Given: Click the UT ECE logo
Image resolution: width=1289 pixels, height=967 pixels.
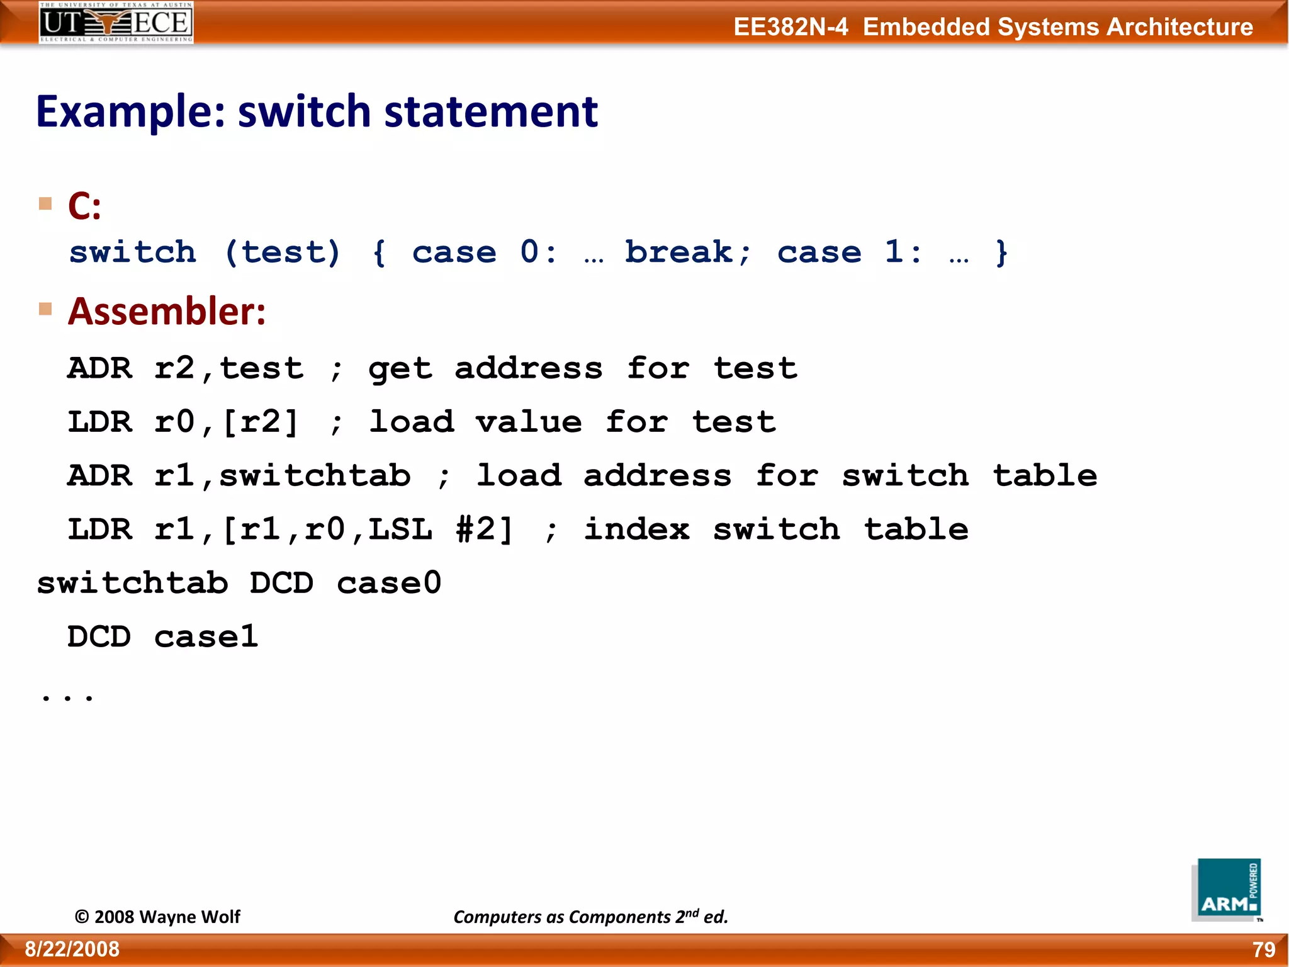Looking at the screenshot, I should tap(116, 23).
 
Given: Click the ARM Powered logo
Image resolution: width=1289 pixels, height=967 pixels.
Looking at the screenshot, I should tap(1227, 890).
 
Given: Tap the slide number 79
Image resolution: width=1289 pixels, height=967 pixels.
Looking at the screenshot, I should tap(1263, 949).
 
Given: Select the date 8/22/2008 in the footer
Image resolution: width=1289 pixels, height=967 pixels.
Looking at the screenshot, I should tap(72, 949).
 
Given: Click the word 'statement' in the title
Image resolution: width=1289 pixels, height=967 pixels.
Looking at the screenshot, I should tap(490, 111).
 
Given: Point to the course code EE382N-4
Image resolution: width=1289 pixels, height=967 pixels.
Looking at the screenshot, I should tap(791, 27).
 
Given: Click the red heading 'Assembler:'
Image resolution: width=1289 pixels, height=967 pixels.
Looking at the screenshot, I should tap(167, 311).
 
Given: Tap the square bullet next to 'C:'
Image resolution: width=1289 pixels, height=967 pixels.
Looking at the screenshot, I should tap(45, 203).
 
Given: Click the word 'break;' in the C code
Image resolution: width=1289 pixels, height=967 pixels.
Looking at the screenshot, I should tap(687, 252).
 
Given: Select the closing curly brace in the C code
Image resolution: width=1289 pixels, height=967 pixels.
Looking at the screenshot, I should tap(1001, 252).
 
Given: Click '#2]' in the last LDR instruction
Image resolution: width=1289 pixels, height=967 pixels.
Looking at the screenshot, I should tap(485, 529).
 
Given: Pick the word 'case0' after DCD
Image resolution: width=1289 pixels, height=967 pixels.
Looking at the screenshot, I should tap(389, 583).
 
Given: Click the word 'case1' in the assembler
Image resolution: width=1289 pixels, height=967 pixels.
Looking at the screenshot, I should tap(206, 636).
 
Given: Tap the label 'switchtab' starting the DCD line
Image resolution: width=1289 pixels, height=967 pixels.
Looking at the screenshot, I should tap(132, 583).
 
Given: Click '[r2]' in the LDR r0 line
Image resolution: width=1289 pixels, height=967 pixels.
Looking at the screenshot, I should tap(260, 422).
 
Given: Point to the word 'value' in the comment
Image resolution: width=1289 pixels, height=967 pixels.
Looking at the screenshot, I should tap(529, 422).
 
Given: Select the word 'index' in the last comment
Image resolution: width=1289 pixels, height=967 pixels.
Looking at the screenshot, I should tap(636, 529).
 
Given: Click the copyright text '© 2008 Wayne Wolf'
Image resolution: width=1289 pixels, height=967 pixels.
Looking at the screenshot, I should tap(157, 917).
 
